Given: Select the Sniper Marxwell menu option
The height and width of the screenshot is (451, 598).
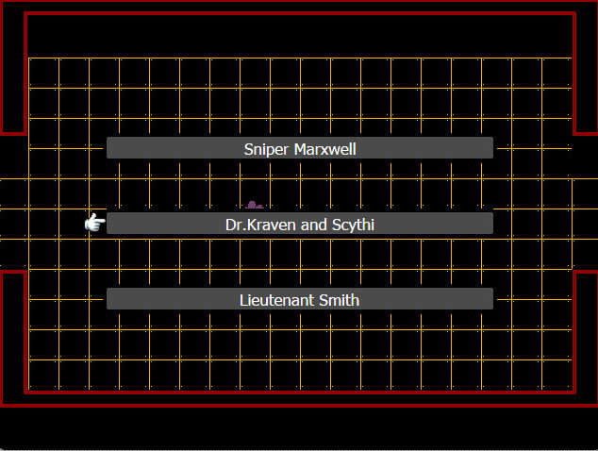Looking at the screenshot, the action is click(300, 148).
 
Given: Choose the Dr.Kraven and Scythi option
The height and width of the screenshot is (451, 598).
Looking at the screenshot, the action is click(300, 224).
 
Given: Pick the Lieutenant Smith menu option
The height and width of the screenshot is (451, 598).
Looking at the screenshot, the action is click(300, 299).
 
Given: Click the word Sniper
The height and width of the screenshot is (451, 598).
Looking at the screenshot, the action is click(266, 150).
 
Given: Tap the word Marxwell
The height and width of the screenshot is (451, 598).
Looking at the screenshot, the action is click(324, 149).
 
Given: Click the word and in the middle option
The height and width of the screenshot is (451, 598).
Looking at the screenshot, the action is click(313, 225).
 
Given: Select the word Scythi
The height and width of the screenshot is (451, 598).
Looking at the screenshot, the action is click(353, 225).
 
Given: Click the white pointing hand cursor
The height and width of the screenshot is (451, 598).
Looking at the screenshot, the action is click(95, 223).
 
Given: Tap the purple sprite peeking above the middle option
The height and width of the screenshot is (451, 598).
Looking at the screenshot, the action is click(255, 205).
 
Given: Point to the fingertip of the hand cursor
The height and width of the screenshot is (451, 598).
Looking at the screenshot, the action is click(105, 221).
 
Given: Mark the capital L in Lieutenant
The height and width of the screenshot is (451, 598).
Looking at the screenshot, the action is click(243, 300).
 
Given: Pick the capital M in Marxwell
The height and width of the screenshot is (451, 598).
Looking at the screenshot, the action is click(300, 149).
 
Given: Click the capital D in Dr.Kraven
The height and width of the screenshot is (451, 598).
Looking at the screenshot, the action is click(231, 225).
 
